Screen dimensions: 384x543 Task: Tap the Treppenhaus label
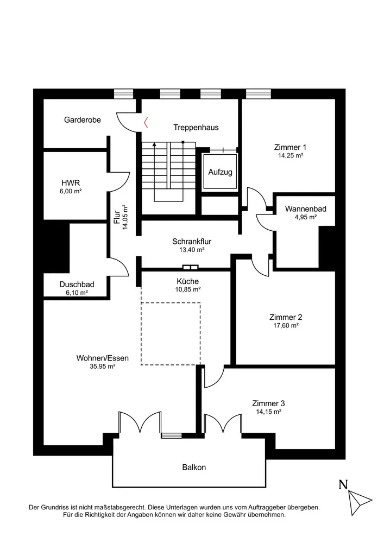tap(196, 128)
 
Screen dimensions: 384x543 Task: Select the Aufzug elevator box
tap(220, 172)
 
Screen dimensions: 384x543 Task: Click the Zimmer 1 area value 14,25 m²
tap(291, 155)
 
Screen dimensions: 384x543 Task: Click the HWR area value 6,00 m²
tap(71, 191)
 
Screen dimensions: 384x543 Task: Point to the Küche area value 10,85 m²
tap(187, 289)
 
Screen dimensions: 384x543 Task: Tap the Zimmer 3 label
tap(268, 403)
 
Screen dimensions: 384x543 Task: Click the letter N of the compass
tap(343, 485)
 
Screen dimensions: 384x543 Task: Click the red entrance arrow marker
tap(145, 124)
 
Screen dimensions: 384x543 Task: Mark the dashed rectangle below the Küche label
tap(171, 333)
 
